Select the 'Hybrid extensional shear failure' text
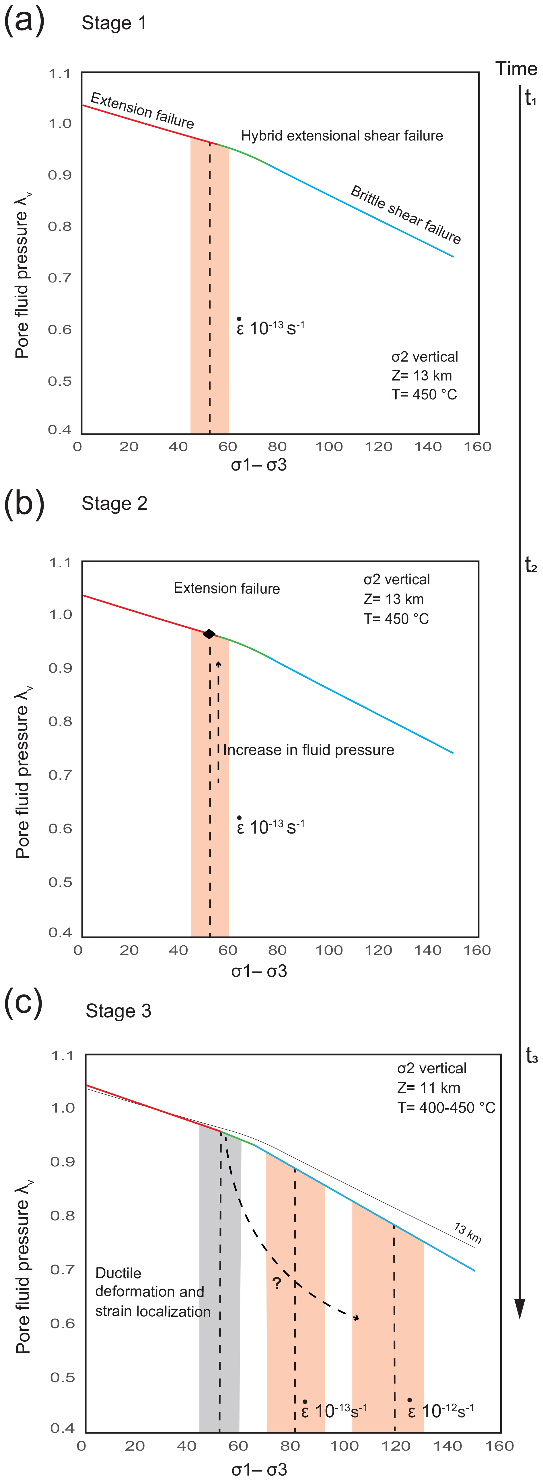click(342, 136)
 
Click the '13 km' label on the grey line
click(467, 1233)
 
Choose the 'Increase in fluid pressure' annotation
click(309, 750)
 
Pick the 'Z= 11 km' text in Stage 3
click(429, 1088)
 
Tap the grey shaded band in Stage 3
click(219, 1322)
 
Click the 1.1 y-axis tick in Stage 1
click(60, 74)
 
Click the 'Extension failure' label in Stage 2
click(227, 588)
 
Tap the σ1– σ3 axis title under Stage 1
click(259, 465)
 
